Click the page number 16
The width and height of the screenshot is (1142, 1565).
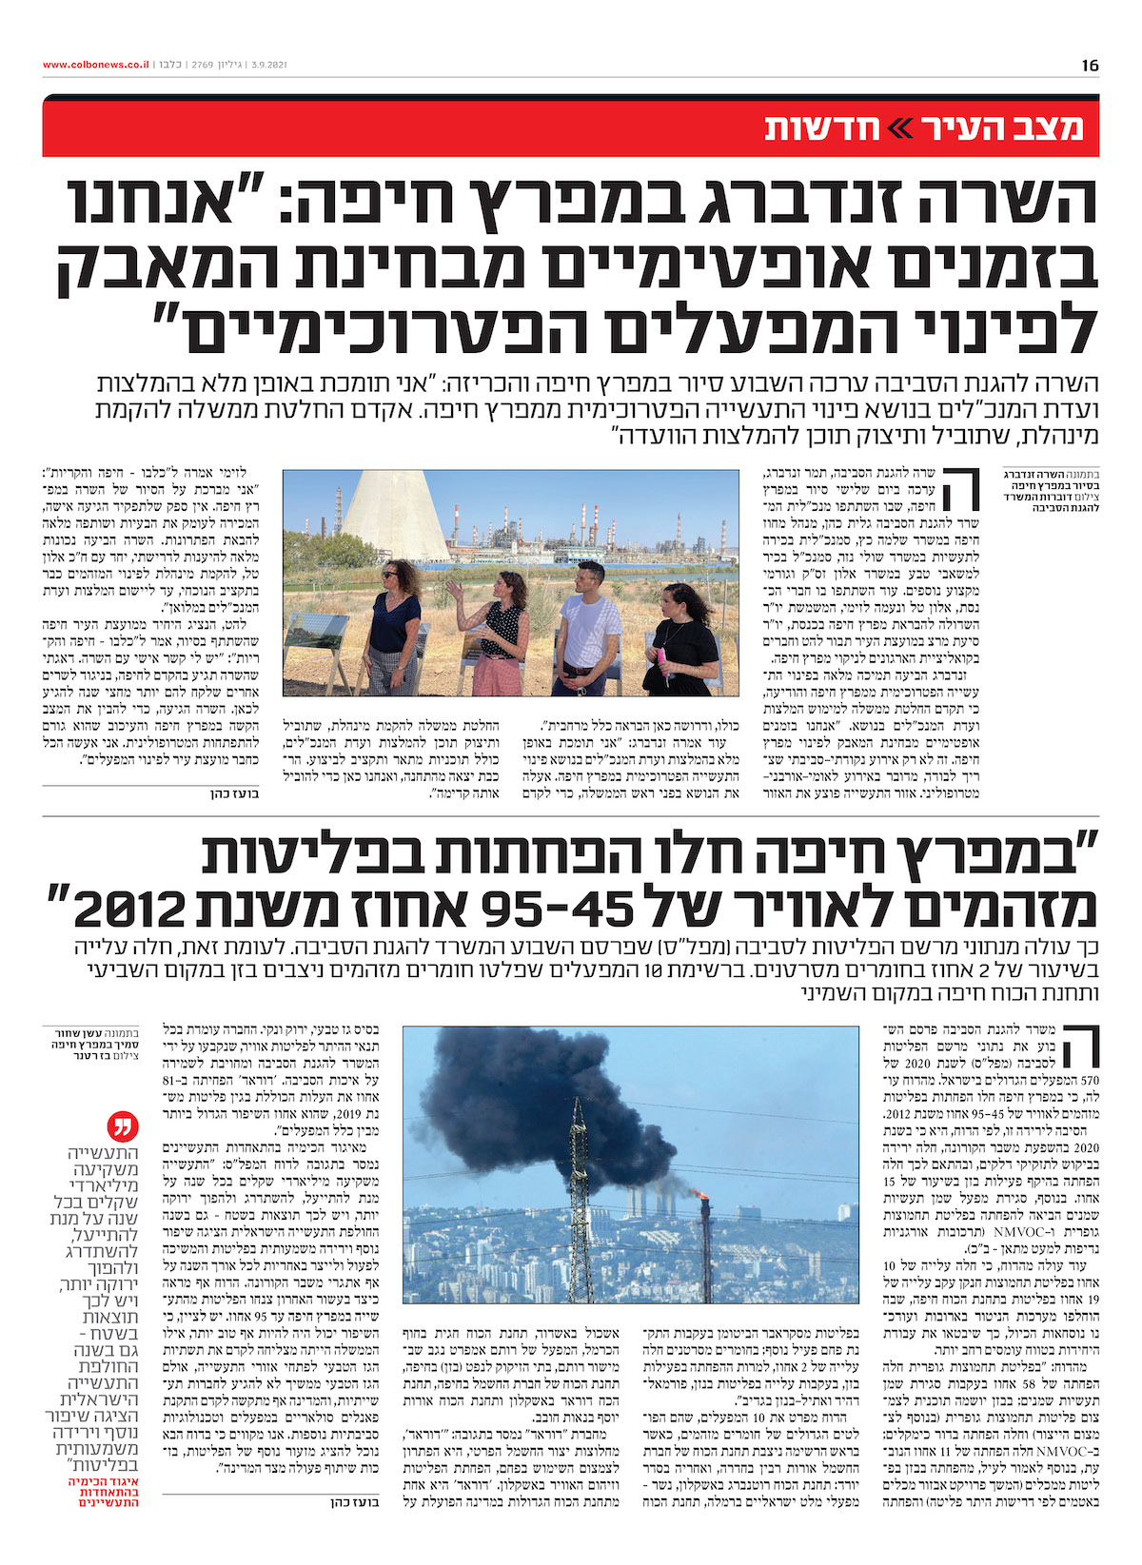click(1090, 65)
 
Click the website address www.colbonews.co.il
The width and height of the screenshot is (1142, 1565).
click(95, 65)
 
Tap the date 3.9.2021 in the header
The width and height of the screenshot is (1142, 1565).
click(268, 65)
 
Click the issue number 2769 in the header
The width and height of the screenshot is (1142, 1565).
click(203, 65)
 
